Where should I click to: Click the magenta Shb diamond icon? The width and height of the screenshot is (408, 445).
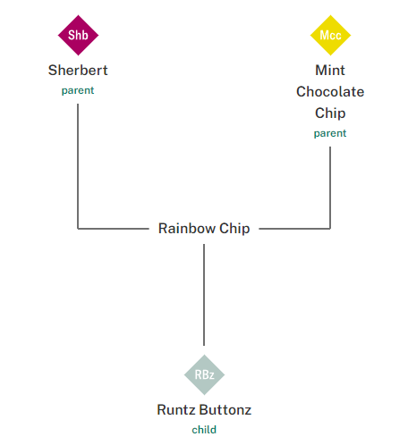coord(78,35)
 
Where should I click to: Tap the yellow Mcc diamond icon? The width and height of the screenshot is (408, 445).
coord(330,35)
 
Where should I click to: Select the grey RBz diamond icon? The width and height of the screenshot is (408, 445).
coord(204,374)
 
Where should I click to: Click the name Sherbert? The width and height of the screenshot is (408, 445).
coord(78,70)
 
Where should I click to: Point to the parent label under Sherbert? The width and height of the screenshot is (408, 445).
coord(78,90)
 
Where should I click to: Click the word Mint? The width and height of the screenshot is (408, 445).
coord(330,70)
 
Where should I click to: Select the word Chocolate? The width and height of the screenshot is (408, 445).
coord(330,91)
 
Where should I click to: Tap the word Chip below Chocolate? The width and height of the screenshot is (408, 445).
coord(330,113)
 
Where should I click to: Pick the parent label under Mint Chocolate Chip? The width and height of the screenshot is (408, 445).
coord(330,133)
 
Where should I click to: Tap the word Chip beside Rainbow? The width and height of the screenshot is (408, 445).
coord(235,228)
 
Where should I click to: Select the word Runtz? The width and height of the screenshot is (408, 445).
coord(175,410)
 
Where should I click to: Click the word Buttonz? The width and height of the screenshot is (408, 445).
coord(225,410)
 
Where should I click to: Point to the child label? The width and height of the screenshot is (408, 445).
coord(204,430)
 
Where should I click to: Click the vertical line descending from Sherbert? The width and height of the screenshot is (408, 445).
coord(78,165)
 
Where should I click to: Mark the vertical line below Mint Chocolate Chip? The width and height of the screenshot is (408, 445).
coord(331,188)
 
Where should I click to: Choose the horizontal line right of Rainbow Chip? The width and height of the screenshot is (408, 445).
coord(295,229)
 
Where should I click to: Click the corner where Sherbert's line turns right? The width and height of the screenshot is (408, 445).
coord(78,229)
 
